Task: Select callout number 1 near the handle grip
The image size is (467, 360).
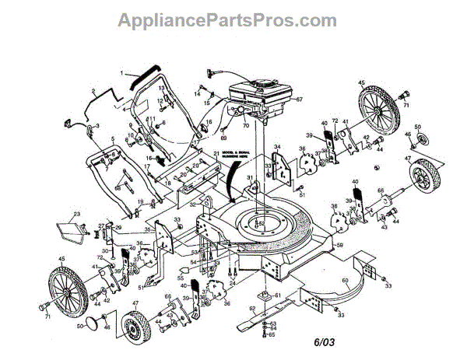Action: (x=122, y=73)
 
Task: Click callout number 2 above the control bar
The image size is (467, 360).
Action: (x=93, y=92)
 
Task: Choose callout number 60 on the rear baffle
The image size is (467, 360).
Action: (x=346, y=281)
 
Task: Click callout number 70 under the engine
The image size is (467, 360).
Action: (x=245, y=124)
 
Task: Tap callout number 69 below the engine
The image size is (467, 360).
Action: (x=223, y=138)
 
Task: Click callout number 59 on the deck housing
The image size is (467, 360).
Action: (x=339, y=246)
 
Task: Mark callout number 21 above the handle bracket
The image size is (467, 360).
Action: (x=216, y=152)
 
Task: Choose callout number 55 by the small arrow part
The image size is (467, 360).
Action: (x=181, y=277)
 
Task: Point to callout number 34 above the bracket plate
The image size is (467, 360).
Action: (x=276, y=146)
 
